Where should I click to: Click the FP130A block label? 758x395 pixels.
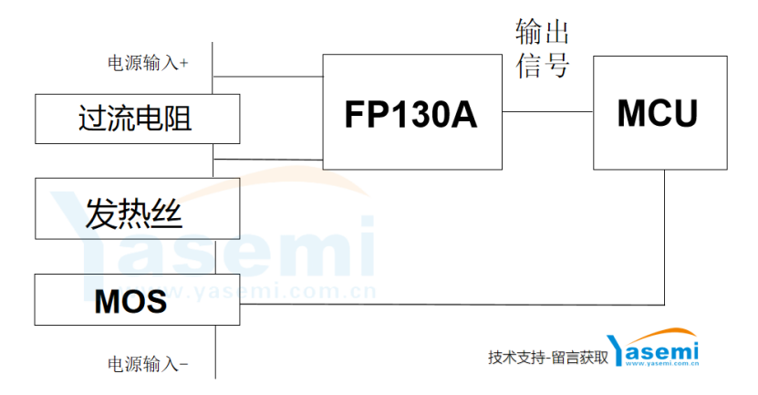[410, 115]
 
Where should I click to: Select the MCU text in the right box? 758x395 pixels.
[658, 114]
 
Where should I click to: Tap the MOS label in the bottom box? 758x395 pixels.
[130, 301]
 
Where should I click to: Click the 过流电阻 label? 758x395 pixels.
[135, 119]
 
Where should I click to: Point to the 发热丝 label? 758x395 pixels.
[134, 213]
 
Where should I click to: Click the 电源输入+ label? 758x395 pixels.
[148, 63]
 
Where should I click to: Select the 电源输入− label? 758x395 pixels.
[148, 364]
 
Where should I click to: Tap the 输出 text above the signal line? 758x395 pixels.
[542, 32]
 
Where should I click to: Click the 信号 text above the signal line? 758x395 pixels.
[542, 65]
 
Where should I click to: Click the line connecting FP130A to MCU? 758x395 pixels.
[547, 111]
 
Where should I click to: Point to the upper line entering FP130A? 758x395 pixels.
[268, 77]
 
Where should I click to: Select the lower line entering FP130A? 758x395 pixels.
[268, 159]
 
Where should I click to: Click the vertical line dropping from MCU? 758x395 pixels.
[664, 237]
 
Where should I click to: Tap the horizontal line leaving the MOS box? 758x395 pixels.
[452, 305]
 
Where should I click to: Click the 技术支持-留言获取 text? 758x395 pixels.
[548, 358]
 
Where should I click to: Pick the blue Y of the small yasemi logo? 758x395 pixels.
[616, 350]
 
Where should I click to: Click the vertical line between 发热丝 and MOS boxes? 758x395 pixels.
[215, 256]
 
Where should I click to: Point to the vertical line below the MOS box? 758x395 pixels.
[215, 351]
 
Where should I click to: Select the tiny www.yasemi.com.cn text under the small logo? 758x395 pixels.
[662, 363]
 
